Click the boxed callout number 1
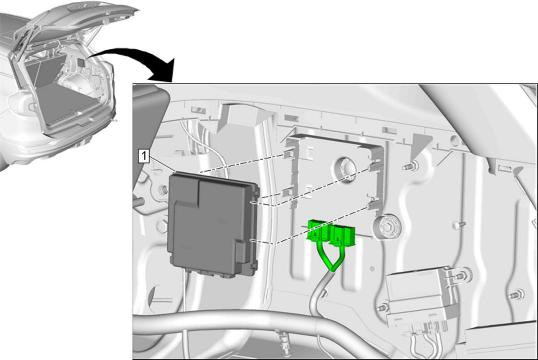[143, 156]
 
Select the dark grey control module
[214, 225]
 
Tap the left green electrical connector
[318, 230]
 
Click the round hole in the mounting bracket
[344, 167]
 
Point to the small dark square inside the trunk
[81, 62]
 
